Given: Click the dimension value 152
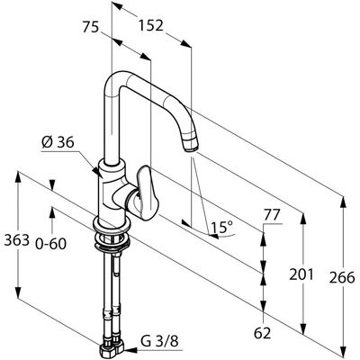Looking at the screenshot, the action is pos(150,26).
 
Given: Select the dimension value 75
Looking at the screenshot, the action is pos(91,28).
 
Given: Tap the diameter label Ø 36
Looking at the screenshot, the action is pos(58,142).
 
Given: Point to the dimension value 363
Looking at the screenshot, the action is pos(17,240).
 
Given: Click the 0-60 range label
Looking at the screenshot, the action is pos(50,244).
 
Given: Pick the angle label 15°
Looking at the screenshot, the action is pos(221,228).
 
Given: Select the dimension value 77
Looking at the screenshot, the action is pos(272,215).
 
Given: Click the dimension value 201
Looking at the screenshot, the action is pos(301,274).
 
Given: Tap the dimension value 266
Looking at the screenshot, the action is pos(342,278).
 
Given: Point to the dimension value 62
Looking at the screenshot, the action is pos(262,333).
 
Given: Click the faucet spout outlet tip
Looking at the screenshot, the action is pos(191,148).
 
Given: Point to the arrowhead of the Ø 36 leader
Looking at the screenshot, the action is pos(97,172).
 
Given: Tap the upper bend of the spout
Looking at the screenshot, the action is pos(115,80).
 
